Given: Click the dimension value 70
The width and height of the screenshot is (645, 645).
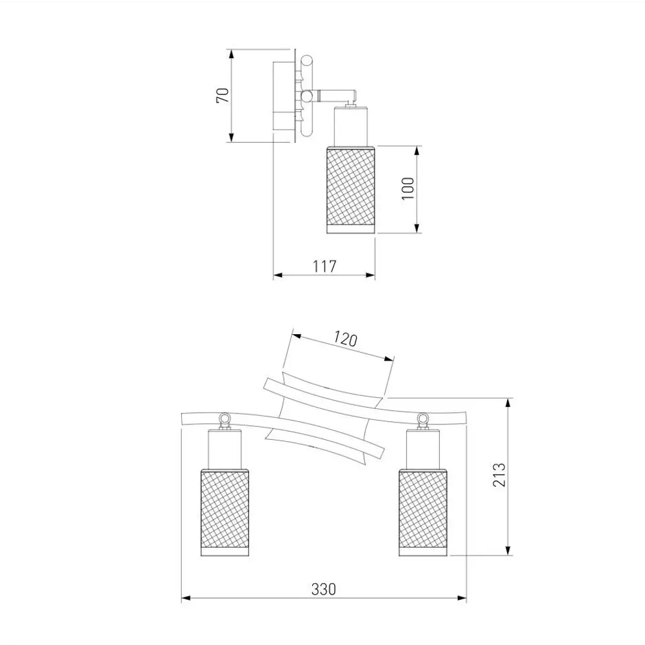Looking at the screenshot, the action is click(223, 95).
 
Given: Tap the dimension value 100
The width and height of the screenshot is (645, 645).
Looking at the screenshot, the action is click(408, 189).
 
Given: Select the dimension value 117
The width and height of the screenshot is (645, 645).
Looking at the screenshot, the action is click(324, 266).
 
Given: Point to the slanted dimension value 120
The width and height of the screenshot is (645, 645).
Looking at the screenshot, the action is click(344, 339).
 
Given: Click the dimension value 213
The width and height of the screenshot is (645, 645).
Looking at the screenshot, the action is click(499, 475).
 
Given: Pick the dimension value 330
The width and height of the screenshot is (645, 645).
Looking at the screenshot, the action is click(324, 589).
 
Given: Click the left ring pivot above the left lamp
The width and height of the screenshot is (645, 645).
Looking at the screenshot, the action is click(224, 419).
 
